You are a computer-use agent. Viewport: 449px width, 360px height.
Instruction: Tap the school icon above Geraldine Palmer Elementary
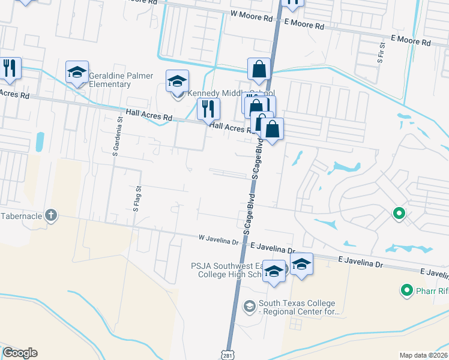pyautogui.click(x=77, y=73)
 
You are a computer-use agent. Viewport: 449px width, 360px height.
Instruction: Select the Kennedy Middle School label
pyautogui.click(x=231, y=94)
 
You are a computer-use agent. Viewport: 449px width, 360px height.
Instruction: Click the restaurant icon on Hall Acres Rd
pyautogui.click(x=208, y=109)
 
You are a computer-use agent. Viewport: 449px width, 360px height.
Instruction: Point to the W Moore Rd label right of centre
pyautogui.click(x=252, y=18)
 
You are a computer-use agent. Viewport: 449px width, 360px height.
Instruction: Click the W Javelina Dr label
pyautogui.click(x=218, y=239)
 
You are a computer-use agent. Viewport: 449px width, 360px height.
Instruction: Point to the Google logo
pyautogui.click(x=20, y=353)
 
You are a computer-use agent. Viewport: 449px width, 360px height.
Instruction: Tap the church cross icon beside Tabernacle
pyautogui.click(x=51, y=215)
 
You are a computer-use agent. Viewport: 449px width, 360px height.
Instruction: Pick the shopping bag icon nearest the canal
pyautogui.click(x=259, y=69)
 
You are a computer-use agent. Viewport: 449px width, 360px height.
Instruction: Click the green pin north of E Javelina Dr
pyautogui.click(x=398, y=213)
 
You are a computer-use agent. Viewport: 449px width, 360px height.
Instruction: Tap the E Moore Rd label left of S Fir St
pyautogui.click(x=304, y=25)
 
